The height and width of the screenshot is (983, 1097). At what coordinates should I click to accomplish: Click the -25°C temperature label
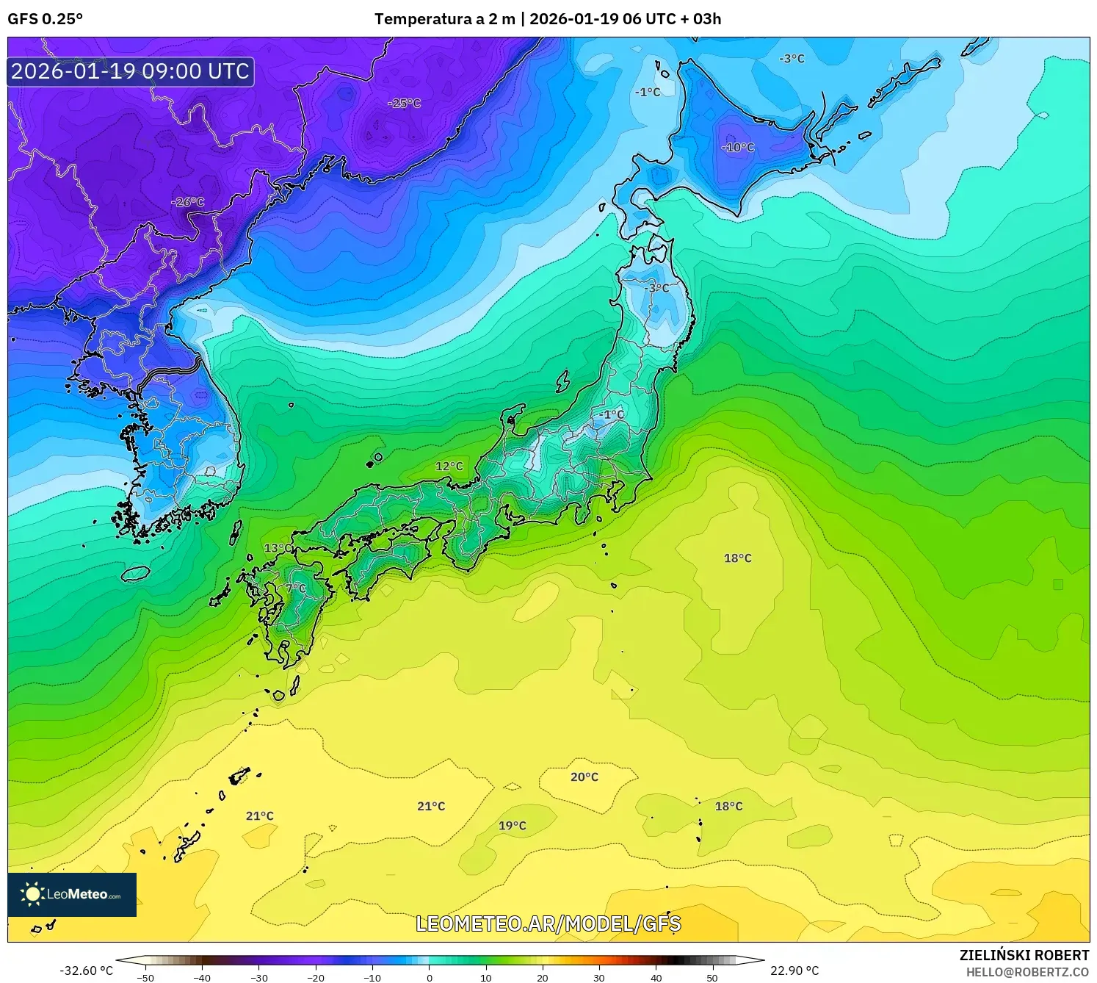[405, 104]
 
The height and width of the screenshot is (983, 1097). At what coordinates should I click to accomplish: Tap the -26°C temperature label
[187, 202]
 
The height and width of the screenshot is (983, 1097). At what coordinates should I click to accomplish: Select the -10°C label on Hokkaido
[738, 148]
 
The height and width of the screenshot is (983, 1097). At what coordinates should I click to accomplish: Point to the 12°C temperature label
[449, 467]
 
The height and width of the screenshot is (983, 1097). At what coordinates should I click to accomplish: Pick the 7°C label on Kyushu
[296, 588]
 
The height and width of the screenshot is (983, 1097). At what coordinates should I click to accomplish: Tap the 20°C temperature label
[584, 777]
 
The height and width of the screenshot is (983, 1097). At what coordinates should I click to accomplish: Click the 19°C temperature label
[513, 826]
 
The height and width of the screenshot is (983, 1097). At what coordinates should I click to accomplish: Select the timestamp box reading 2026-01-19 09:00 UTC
[131, 71]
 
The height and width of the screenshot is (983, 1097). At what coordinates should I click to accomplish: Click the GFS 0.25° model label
[46, 19]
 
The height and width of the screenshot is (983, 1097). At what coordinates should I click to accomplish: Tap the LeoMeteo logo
[72, 894]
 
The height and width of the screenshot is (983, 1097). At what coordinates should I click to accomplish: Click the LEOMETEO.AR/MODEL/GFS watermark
[548, 923]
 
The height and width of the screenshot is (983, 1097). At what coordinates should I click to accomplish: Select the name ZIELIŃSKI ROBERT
[1024, 955]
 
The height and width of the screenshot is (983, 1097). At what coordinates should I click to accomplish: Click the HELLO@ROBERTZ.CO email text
[1027, 972]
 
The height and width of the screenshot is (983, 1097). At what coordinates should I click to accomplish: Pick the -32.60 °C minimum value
[86, 971]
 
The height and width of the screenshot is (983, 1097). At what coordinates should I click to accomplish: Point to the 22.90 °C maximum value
[794, 971]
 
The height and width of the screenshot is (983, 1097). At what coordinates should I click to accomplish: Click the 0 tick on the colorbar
[430, 978]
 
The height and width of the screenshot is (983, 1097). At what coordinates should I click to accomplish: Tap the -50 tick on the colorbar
[145, 978]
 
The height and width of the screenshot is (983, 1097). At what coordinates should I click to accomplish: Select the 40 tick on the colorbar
[656, 978]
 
